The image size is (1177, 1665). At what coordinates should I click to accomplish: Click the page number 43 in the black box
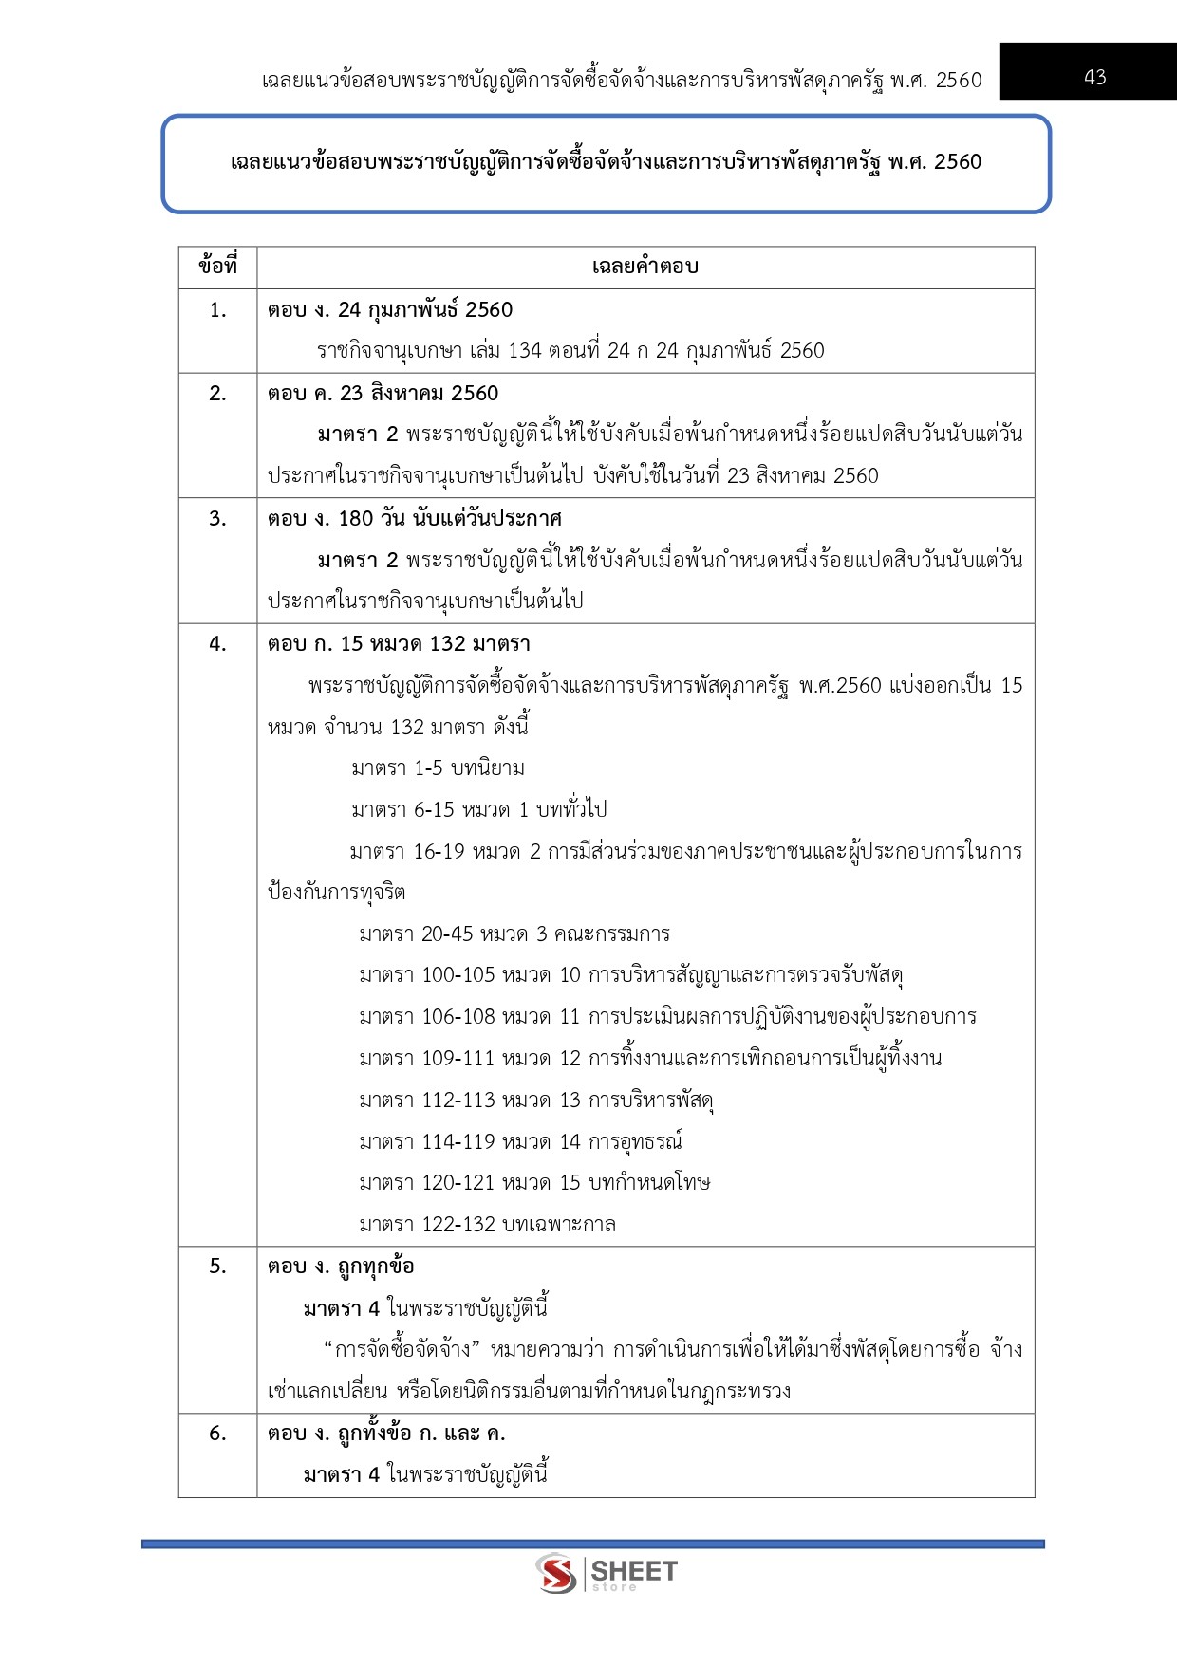coord(1094,77)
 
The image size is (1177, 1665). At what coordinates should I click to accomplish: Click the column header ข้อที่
coord(217,267)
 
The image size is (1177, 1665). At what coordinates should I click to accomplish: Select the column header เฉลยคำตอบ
coord(645,267)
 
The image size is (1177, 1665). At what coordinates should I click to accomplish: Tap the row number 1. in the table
coord(217,310)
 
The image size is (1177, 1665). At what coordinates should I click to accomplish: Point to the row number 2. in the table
coord(217,394)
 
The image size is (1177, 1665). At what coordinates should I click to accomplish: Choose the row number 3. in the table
coord(217,519)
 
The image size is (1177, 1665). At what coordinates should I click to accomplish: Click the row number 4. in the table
coord(217,644)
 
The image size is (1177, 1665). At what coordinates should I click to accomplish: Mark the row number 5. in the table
coord(217,1267)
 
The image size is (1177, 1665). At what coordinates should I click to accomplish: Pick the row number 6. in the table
coord(217,1434)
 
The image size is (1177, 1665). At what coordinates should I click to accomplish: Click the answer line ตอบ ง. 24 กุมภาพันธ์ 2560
coord(390,310)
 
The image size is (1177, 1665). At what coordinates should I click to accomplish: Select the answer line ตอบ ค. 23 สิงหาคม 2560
coord(383,394)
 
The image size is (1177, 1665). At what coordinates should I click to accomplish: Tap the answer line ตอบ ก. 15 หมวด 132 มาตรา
coord(399,644)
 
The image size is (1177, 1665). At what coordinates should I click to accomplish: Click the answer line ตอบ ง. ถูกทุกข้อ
coord(341,1267)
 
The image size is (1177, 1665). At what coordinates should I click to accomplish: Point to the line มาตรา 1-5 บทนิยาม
coord(438,768)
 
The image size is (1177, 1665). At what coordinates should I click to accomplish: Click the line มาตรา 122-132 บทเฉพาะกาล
coord(487,1225)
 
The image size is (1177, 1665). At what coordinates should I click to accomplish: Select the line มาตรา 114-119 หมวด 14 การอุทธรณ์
coord(520,1141)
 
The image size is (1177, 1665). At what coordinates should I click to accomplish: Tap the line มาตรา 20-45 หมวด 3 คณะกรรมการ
coord(514,934)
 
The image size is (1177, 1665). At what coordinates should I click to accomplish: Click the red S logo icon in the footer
coord(556,1574)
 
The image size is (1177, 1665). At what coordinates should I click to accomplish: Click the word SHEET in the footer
coord(634,1570)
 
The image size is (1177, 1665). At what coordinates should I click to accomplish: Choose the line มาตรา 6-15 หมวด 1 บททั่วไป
coord(478,810)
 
